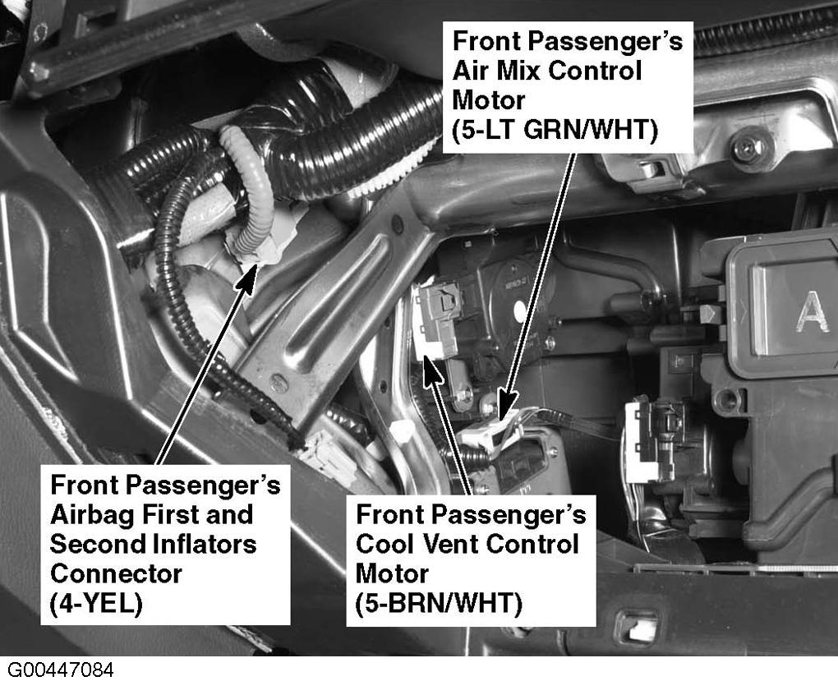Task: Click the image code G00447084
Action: pos(60,669)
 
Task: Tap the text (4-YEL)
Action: pos(97,605)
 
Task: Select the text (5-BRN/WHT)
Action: pos(439,604)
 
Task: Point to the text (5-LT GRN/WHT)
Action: pos(555,130)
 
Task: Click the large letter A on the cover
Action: pos(813,312)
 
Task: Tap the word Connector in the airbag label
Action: pos(116,574)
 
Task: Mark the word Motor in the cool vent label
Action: pos(392,574)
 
